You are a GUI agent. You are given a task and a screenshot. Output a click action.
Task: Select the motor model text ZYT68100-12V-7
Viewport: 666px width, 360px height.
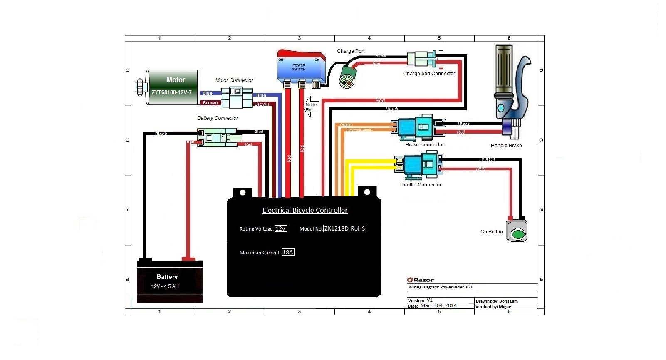171,92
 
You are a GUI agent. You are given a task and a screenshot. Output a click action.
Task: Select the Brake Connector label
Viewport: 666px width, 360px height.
424,145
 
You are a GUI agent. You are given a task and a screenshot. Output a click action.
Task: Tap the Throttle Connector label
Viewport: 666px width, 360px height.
420,185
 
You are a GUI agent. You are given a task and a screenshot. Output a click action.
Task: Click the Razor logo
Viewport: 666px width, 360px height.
421,280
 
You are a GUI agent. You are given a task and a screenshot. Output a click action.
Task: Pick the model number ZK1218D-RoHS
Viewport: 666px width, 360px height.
345,228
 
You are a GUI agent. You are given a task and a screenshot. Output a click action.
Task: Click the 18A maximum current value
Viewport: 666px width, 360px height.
288,252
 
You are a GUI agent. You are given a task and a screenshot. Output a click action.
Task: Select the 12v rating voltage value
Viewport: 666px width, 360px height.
280,228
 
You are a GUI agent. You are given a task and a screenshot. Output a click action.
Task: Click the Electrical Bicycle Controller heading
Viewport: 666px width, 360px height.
305,211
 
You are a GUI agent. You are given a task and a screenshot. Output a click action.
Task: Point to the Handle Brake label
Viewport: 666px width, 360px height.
506,146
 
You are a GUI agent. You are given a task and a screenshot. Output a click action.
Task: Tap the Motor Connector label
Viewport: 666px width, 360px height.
234,80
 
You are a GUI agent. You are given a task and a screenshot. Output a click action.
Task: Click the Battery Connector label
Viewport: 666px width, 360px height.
218,118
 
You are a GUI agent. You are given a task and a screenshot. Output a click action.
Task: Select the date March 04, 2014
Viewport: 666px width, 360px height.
438,305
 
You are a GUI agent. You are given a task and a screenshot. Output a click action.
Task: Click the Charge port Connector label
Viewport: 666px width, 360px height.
429,74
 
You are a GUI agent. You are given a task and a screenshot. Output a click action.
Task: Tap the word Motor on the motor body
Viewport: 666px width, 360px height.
176,80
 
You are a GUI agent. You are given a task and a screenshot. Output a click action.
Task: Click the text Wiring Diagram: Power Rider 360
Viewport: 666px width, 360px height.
440,287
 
